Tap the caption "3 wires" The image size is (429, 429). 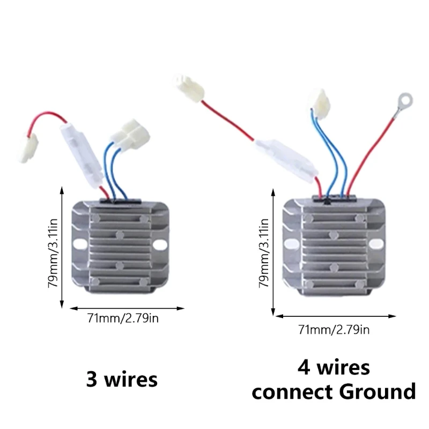[x=122, y=380]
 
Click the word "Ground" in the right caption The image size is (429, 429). [x=378, y=392]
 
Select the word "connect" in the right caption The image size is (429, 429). [x=293, y=392]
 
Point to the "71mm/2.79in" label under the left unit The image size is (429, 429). [x=123, y=319]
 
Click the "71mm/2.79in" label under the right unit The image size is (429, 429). [x=334, y=329]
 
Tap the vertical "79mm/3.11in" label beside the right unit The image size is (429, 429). [x=264, y=253]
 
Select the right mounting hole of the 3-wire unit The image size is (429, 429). [x=159, y=244]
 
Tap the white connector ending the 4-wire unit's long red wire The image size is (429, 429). [x=188, y=87]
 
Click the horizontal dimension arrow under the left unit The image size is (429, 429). [x=128, y=308]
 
